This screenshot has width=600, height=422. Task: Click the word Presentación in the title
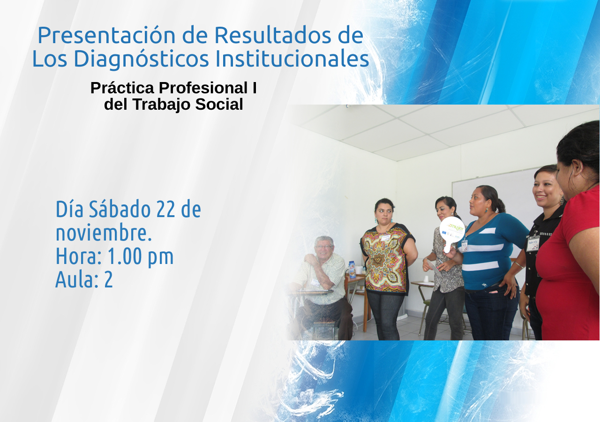[106, 35]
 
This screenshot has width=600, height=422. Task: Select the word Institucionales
[292, 59]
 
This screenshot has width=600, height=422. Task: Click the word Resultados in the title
[272, 35]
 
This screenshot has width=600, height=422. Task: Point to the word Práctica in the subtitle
[122, 88]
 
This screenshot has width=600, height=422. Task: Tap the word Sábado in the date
[120, 209]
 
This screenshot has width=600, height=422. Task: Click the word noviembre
[104, 233]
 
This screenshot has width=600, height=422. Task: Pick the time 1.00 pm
[141, 256]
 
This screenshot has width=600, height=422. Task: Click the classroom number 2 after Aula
[108, 280]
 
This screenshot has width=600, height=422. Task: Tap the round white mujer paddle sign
[452, 230]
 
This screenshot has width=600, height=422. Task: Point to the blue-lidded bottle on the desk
[352, 269]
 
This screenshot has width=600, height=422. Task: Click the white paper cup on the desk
[426, 279]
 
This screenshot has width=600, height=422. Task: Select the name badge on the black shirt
[533, 243]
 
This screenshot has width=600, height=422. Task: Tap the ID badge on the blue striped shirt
[464, 246]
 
